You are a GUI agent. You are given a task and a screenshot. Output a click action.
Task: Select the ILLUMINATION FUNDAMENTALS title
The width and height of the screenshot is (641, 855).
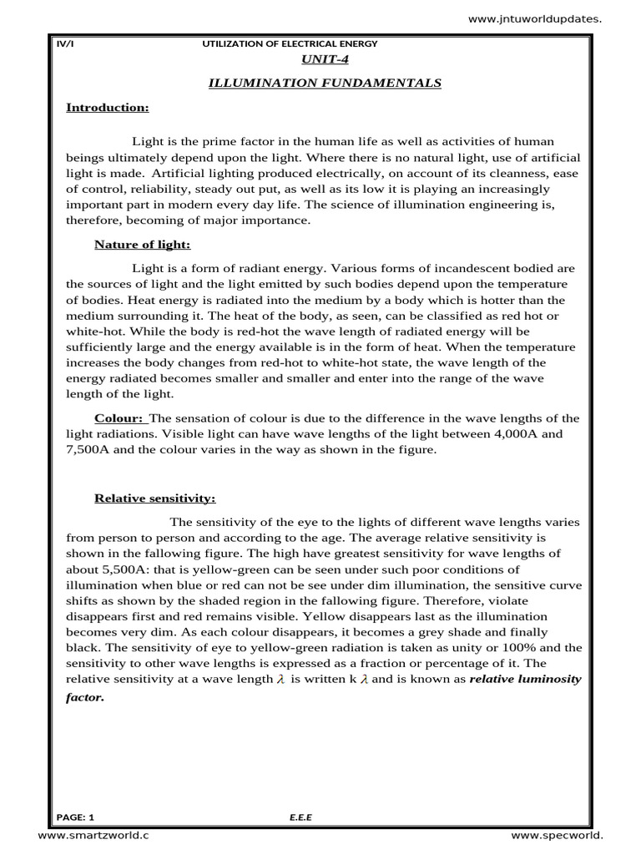coord(324,83)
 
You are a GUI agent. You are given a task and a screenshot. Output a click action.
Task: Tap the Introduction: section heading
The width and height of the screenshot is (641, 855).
coord(108,108)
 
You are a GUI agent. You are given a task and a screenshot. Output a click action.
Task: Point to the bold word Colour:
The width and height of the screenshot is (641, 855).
coord(119,417)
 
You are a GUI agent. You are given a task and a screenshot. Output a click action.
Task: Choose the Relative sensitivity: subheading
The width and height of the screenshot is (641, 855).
coord(154,498)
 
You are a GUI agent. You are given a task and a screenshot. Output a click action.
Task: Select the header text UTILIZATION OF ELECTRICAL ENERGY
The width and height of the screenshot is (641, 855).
coord(290,43)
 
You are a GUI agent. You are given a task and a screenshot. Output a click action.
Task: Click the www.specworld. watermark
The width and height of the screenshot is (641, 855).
coord(556,835)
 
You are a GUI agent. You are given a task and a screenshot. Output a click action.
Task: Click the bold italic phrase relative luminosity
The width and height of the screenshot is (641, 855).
coord(525,680)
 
